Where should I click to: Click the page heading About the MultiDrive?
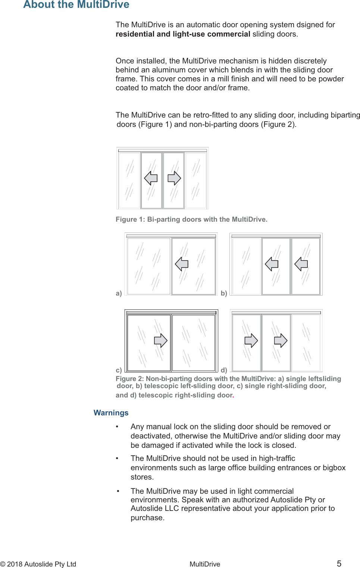tap(76, 4)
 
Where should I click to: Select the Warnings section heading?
tap(111, 412)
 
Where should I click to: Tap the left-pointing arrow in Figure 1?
tap(151, 178)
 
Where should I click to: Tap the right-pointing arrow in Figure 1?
tap(174, 178)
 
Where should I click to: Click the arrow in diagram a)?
tap(182, 264)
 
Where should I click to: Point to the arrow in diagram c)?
tap(161, 340)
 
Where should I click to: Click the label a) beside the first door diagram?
tap(119, 293)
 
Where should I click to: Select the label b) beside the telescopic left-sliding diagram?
tap(224, 293)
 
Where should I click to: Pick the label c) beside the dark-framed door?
tap(119, 370)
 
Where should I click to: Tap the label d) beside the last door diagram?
tap(224, 370)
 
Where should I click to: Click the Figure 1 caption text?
tap(191, 219)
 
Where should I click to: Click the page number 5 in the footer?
tap(339, 564)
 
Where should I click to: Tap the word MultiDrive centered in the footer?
tap(204, 564)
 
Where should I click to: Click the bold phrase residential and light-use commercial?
tap(183, 34)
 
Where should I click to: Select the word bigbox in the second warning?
tap(334, 468)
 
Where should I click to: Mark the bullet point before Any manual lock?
tap(117, 427)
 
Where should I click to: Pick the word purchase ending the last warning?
tap(147, 518)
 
